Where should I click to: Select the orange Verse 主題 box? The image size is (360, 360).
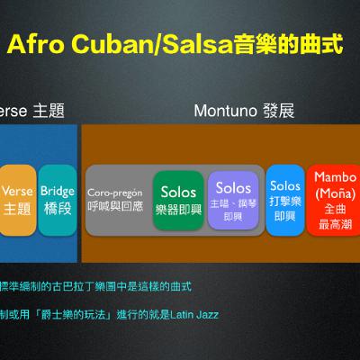tap(17, 200)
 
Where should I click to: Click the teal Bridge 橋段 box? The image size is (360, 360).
tap(58, 200)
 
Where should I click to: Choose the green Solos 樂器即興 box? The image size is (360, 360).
tap(177, 200)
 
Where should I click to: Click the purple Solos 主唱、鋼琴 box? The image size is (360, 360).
tap(233, 200)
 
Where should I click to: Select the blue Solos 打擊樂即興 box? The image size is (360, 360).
tap(284, 200)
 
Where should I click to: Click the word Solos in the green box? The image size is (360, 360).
tap(177, 192)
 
